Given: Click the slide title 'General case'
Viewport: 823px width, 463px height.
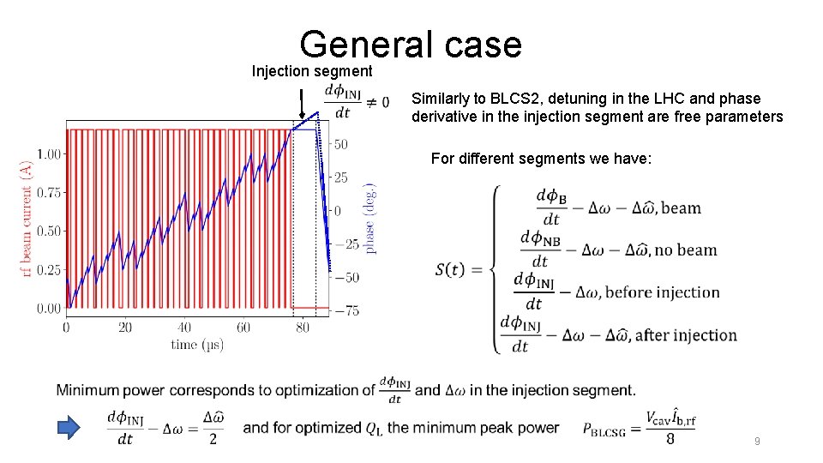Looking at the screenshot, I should [x=411, y=44].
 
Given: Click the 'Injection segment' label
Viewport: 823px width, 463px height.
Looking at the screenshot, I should [x=311, y=71].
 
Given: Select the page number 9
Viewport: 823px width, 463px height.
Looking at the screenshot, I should [x=756, y=442].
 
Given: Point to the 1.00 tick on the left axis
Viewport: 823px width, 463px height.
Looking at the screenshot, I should [x=48, y=154].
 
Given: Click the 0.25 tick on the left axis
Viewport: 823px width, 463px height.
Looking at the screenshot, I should [x=48, y=270].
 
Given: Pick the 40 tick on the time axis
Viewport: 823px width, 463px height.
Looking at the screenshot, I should [x=184, y=328].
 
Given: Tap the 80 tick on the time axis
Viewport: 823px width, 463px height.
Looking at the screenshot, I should [x=302, y=328].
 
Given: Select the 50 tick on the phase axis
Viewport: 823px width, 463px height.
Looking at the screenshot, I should [x=340, y=144].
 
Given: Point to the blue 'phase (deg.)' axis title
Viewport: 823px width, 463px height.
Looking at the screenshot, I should [x=370, y=219].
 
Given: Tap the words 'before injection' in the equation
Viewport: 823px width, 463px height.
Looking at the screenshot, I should [x=663, y=292].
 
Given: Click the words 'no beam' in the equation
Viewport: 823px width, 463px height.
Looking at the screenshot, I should [x=686, y=250].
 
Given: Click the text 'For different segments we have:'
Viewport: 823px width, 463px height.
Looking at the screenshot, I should [x=541, y=159].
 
